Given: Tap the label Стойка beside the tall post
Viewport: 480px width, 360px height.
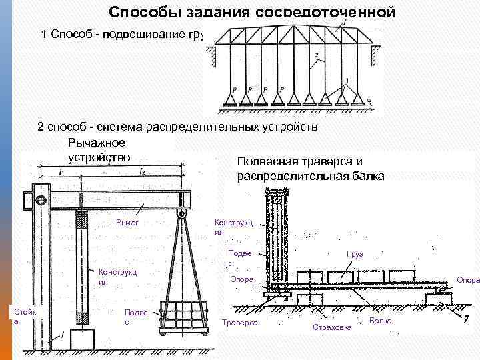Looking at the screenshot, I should click(x=25, y=315).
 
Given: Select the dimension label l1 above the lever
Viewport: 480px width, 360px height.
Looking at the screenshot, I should click(x=62, y=173).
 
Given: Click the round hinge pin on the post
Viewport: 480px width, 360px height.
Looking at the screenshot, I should click(x=41, y=199).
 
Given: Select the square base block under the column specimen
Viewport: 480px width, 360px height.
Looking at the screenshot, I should click(x=83, y=341).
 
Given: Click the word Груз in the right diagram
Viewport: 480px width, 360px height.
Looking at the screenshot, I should click(x=353, y=255).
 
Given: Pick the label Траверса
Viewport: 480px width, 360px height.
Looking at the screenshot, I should click(x=243, y=323).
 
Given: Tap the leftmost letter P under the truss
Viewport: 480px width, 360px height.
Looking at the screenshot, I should click(x=231, y=89).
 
